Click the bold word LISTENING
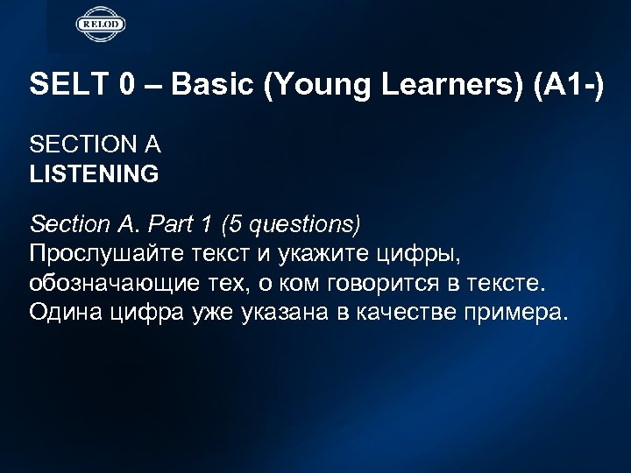coord(94,174)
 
